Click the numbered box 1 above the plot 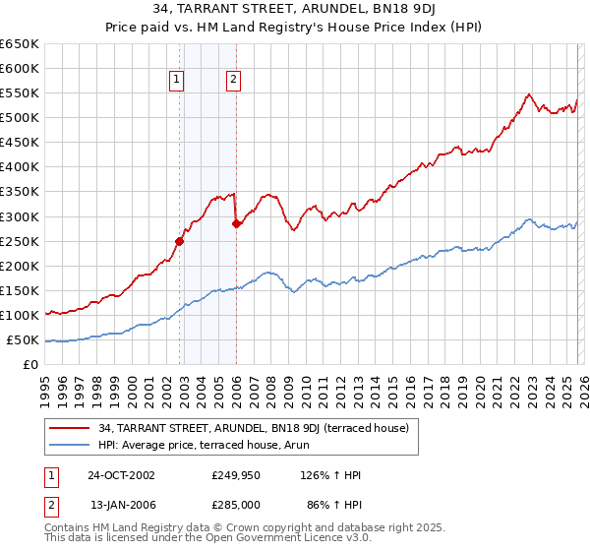176,81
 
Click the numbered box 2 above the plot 233,81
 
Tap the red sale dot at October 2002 180,241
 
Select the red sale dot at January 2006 236,223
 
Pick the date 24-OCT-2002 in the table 122,475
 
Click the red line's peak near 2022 528,94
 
